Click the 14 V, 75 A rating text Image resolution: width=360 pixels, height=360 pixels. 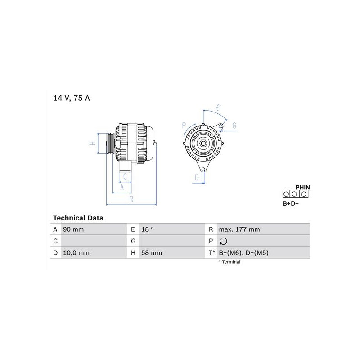click(72, 98)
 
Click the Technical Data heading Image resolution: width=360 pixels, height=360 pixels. click(78, 218)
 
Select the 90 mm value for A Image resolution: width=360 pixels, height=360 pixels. click(73, 229)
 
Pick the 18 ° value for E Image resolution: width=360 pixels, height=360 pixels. click(148, 229)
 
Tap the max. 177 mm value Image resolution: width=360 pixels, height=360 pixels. click(239, 229)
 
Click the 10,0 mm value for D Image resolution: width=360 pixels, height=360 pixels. click(76, 253)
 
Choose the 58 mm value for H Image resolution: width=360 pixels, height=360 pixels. click(152, 253)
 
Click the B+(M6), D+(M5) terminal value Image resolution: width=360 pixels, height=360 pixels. click(243, 253)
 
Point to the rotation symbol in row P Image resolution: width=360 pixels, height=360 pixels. click(223, 241)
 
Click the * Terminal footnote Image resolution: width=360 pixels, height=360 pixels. click(229, 262)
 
